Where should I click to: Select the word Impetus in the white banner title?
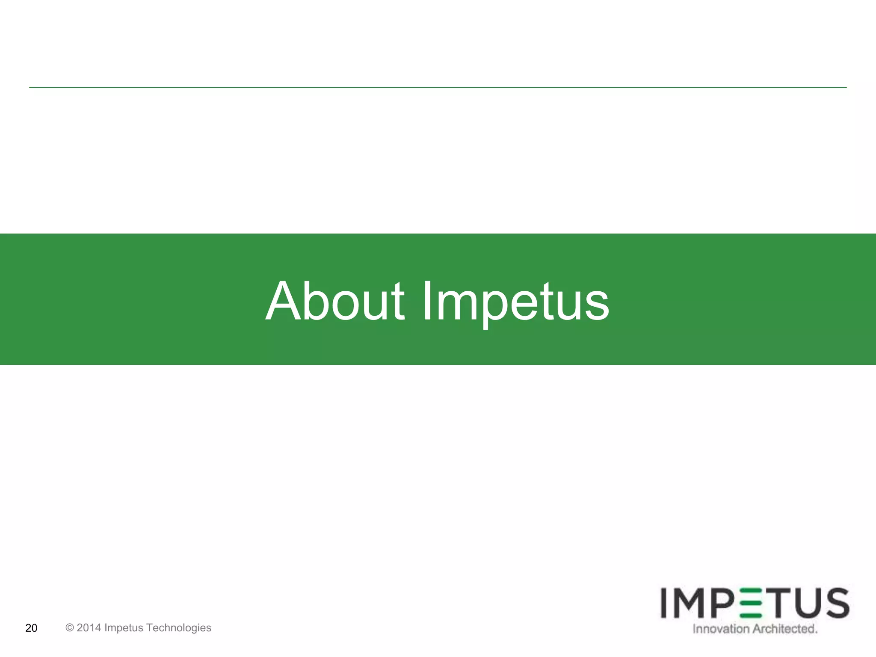515,302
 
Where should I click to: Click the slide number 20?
31,628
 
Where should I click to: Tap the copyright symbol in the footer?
70,627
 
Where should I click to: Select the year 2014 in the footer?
89,627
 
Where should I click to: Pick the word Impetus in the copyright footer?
124,627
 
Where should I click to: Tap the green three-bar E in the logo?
750,603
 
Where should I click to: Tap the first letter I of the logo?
664,603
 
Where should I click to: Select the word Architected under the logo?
784,629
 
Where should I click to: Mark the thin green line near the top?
438,88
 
